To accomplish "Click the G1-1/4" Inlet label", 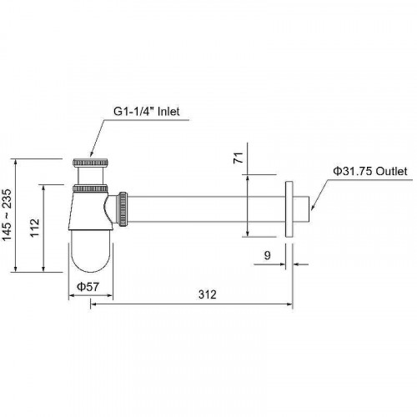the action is (x=146, y=112).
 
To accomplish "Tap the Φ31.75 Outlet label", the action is (x=370, y=171).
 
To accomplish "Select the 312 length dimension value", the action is (x=208, y=294).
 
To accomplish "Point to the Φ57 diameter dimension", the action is (x=88, y=287).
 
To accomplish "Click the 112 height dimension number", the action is (x=35, y=228).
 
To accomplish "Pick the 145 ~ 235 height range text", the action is (x=7, y=214).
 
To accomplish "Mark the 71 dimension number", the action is (x=239, y=158).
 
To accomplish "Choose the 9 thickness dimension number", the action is (x=267, y=255).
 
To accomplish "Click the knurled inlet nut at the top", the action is (x=90, y=163).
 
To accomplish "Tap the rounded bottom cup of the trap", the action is (x=91, y=251).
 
